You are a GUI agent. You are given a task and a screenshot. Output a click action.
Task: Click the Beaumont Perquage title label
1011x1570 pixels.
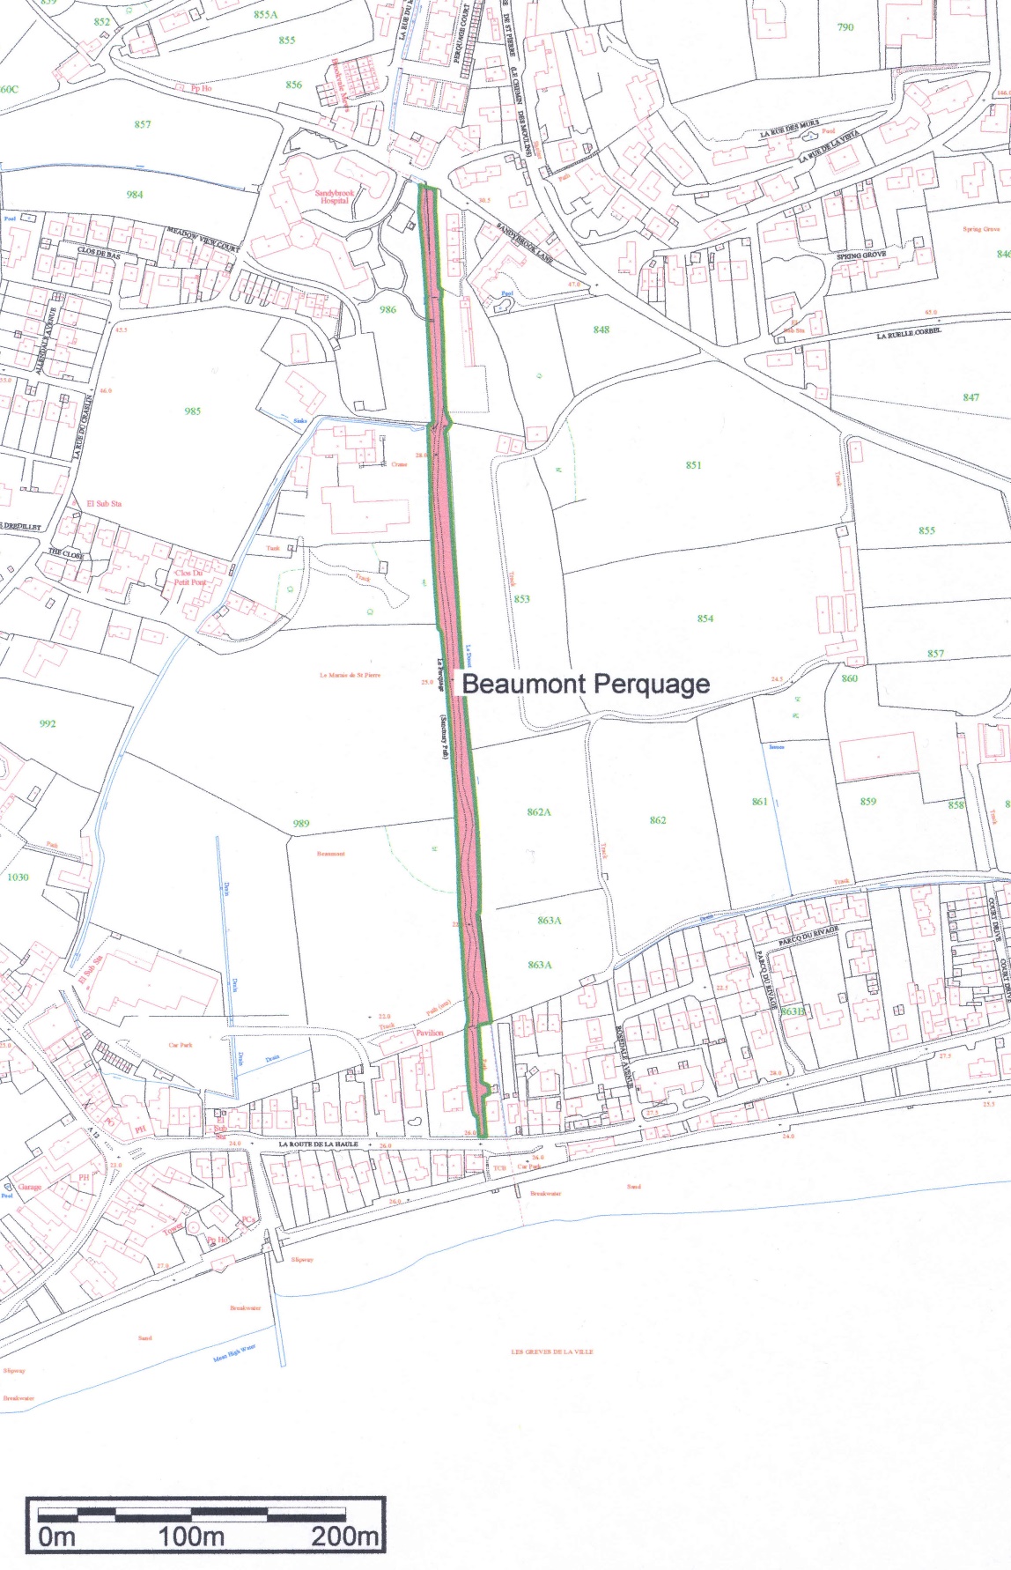(586, 685)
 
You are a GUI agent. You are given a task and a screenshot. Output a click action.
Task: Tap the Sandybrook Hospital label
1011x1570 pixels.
(335, 196)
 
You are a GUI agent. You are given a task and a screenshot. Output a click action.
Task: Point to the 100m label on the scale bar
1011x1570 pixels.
(190, 1537)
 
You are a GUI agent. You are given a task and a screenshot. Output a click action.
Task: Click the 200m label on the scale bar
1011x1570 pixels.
(345, 1537)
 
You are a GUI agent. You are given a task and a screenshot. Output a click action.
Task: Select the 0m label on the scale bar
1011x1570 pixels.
(56, 1537)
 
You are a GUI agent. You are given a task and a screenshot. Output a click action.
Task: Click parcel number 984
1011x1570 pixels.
(134, 195)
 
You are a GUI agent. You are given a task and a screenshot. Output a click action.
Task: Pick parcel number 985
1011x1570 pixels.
(193, 411)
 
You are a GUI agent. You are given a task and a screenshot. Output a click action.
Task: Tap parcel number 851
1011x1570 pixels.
(694, 465)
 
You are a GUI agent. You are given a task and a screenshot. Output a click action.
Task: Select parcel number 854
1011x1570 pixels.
(705, 618)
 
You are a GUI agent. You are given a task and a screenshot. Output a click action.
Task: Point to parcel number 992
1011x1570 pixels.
(48, 723)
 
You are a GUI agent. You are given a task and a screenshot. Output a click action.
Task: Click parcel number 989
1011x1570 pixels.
(301, 824)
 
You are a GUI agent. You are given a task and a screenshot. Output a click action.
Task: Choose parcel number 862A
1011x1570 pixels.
(539, 811)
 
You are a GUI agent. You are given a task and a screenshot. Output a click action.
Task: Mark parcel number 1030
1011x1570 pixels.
(18, 878)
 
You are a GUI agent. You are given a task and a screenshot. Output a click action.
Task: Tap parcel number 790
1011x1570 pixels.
(845, 27)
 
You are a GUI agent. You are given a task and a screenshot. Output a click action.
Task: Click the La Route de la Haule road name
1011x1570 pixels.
(318, 1144)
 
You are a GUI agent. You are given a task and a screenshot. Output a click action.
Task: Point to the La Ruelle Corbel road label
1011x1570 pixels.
(909, 334)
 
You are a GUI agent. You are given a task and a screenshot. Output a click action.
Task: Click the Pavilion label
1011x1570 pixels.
(430, 1033)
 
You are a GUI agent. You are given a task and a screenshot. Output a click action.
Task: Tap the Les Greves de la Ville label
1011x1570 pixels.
(552, 1352)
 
